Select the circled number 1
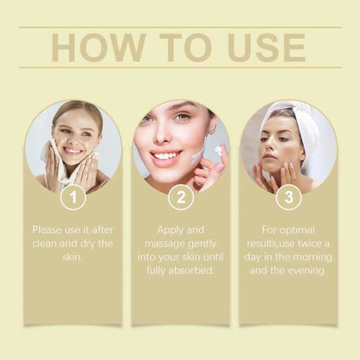(x=73, y=197)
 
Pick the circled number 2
(x=180, y=197)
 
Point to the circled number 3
(x=287, y=197)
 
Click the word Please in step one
(x=49, y=230)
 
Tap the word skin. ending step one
(x=73, y=258)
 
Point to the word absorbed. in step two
(x=196, y=272)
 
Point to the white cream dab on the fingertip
(x=217, y=149)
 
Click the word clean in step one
(x=48, y=244)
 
